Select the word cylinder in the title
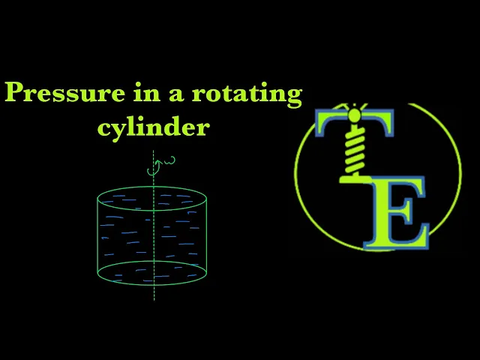tap(153, 126)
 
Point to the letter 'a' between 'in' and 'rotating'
tap(170, 96)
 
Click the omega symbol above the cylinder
tap(169, 159)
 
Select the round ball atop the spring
tap(353, 115)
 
